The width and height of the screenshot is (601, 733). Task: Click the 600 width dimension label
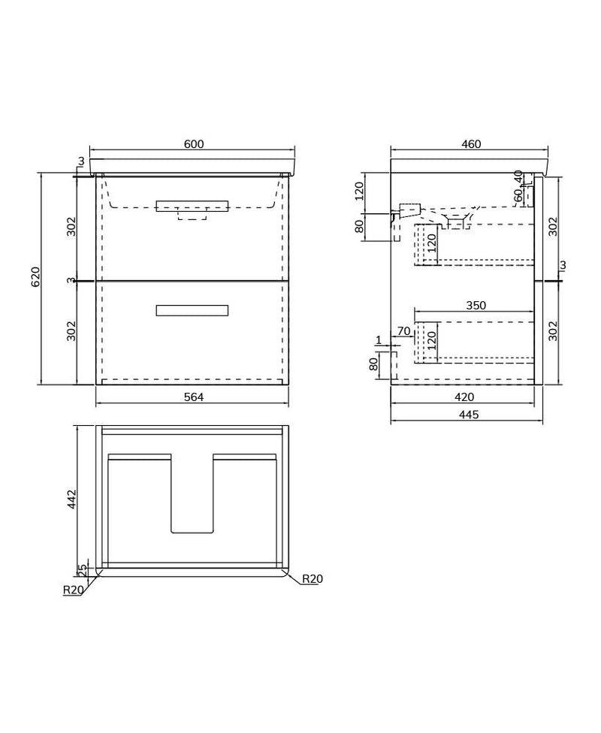[194, 144]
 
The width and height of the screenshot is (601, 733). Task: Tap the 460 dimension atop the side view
[470, 144]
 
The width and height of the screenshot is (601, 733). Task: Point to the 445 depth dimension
[467, 415]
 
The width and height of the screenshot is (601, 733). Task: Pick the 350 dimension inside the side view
[476, 305]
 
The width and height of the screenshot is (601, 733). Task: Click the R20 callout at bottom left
[72, 590]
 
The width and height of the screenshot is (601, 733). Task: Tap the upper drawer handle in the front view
[192, 207]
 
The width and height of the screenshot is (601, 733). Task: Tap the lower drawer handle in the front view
[192, 310]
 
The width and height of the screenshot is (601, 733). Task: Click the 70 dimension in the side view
[403, 331]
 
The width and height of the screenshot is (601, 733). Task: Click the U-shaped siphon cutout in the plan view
[192, 496]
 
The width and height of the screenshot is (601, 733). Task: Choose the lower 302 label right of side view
[554, 331]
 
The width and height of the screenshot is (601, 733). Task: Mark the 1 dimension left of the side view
[379, 340]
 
